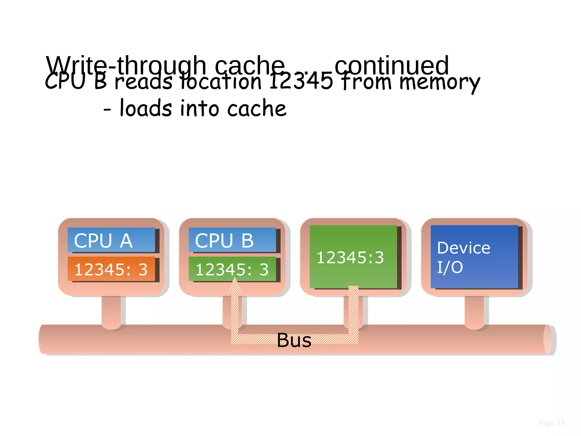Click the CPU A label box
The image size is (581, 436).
point(111,240)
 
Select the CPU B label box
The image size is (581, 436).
point(232,240)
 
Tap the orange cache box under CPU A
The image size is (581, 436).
point(111,269)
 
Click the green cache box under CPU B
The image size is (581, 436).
point(232,269)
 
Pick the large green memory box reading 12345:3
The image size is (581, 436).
point(353,257)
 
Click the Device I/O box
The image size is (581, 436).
point(474,257)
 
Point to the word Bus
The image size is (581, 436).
point(294,340)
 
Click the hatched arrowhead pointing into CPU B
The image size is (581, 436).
point(235,286)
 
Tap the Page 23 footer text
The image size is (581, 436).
point(551,423)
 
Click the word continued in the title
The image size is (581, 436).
point(391,65)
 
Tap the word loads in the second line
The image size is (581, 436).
point(146,108)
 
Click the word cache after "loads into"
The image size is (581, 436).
point(257,109)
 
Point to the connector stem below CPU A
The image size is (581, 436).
point(111,311)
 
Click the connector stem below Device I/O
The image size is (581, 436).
point(474,311)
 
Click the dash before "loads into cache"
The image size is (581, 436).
point(107,109)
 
